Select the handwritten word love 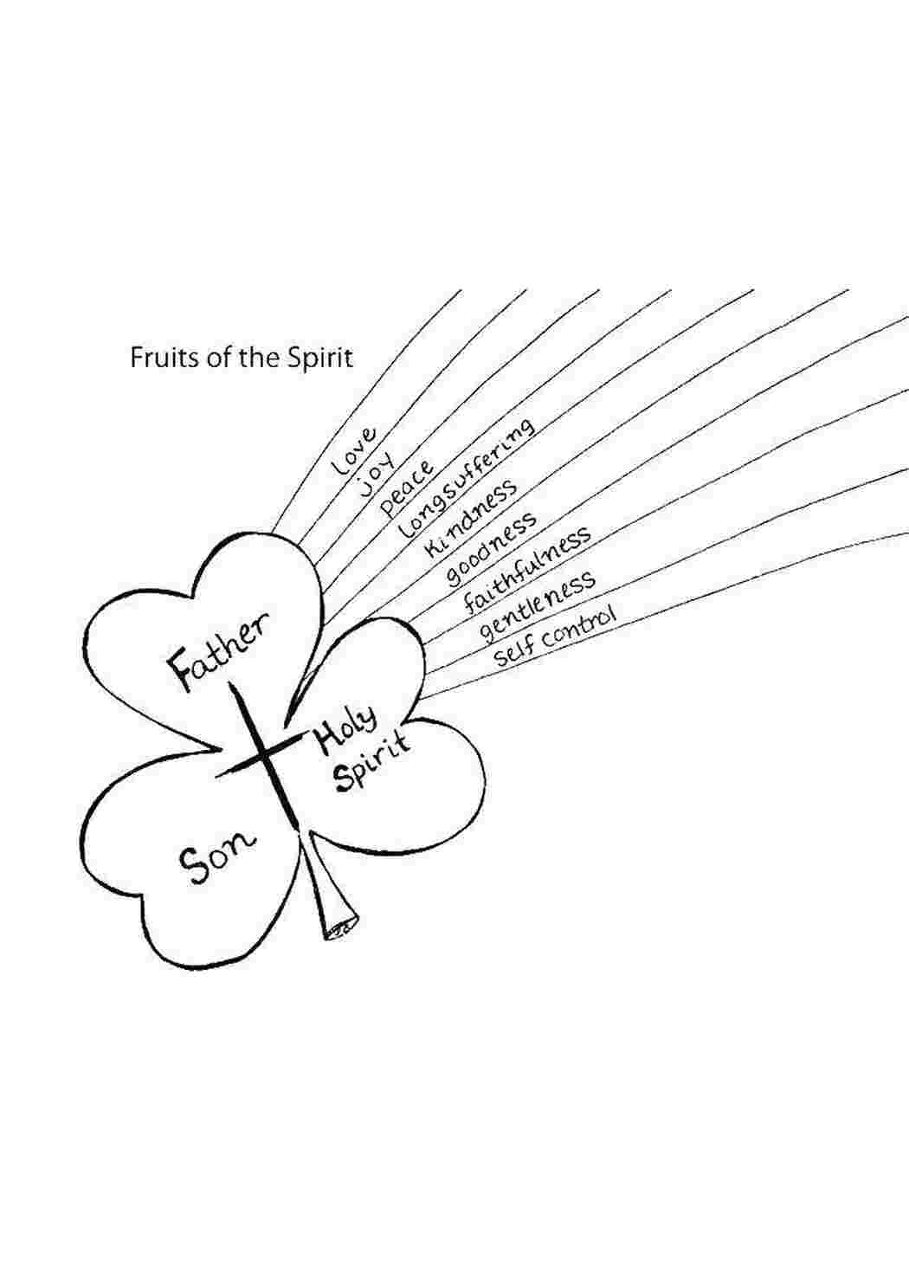355,450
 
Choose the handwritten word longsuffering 467,480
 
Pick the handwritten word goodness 491,548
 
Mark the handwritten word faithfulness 527,570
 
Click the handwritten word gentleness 538,605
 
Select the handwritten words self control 554,637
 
